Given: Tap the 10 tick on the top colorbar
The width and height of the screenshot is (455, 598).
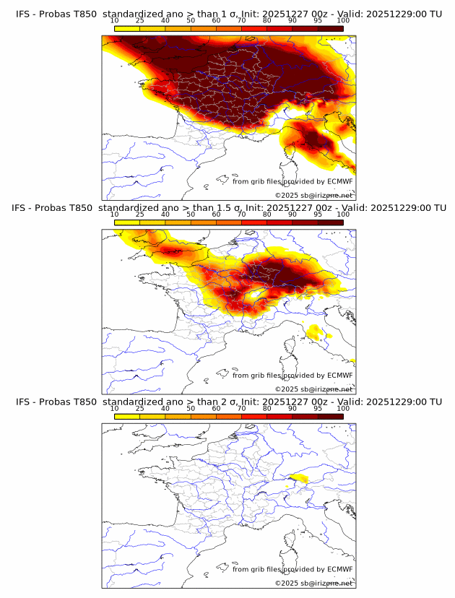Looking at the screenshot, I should pyautogui.click(x=115, y=20).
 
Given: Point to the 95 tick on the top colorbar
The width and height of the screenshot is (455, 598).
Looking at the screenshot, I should pyautogui.click(x=318, y=20).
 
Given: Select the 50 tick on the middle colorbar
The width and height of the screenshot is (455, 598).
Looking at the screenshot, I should pyautogui.click(x=191, y=214).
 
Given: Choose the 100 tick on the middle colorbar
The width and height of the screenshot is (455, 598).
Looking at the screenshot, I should pyautogui.click(x=343, y=214).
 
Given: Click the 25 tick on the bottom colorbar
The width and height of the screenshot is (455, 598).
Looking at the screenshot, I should pyautogui.click(x=140, y=408).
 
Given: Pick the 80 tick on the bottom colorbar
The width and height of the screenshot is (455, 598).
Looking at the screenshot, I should pyautogui.click(x=267, y=408).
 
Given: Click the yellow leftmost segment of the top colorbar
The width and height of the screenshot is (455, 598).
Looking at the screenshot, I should pyautogui.click(x=127, y=27).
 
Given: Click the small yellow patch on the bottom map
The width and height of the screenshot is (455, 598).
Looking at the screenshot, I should pyautogui.click(x=298, y=478).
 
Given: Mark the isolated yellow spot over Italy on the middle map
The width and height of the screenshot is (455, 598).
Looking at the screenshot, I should pyautogui.click(x=315, y=331).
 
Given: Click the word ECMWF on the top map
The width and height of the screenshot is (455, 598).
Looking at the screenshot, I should pyautogui.click(x=339, y=181).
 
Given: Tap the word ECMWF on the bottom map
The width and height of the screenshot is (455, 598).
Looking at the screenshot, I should pyautogui.click(x=339, y=569).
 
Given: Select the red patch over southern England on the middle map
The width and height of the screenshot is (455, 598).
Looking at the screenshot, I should pyautogui.click(x=173, y=251).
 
